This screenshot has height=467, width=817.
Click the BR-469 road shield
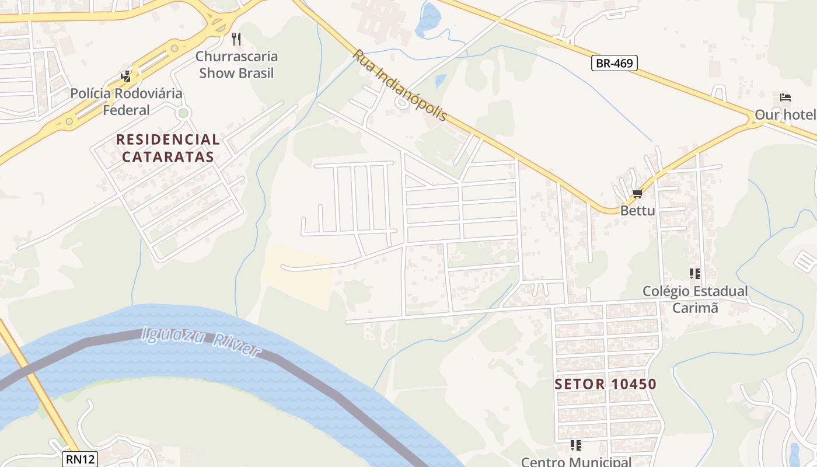coord(615,63)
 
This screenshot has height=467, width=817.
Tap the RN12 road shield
coord(80,459)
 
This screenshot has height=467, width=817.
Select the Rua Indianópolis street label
coord(399,85)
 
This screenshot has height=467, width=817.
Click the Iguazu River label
coord(201,341)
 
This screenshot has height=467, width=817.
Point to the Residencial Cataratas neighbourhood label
coord(168,148)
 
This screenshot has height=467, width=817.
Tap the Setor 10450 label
coord(606,384)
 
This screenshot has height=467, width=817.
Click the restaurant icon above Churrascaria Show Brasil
coord(236,39)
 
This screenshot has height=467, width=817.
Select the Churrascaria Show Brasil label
coord(236,65)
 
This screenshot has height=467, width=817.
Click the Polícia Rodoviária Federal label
coord(126,102)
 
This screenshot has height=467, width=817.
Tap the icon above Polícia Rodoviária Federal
coord(126,76)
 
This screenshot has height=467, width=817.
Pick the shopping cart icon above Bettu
coord(637,193)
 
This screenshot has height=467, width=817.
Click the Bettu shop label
coord(637,210)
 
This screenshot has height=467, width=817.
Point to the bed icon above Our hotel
coord(785,97)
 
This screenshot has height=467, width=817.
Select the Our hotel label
coord(785,114)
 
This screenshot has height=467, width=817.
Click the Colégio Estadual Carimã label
coord(695,299)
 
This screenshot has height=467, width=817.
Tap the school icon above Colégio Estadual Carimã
coord(694,273)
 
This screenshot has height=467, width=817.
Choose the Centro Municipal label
coord(576,461)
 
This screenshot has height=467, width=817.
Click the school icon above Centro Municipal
coord(576,445)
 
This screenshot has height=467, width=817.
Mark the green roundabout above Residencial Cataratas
coord(184,113)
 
